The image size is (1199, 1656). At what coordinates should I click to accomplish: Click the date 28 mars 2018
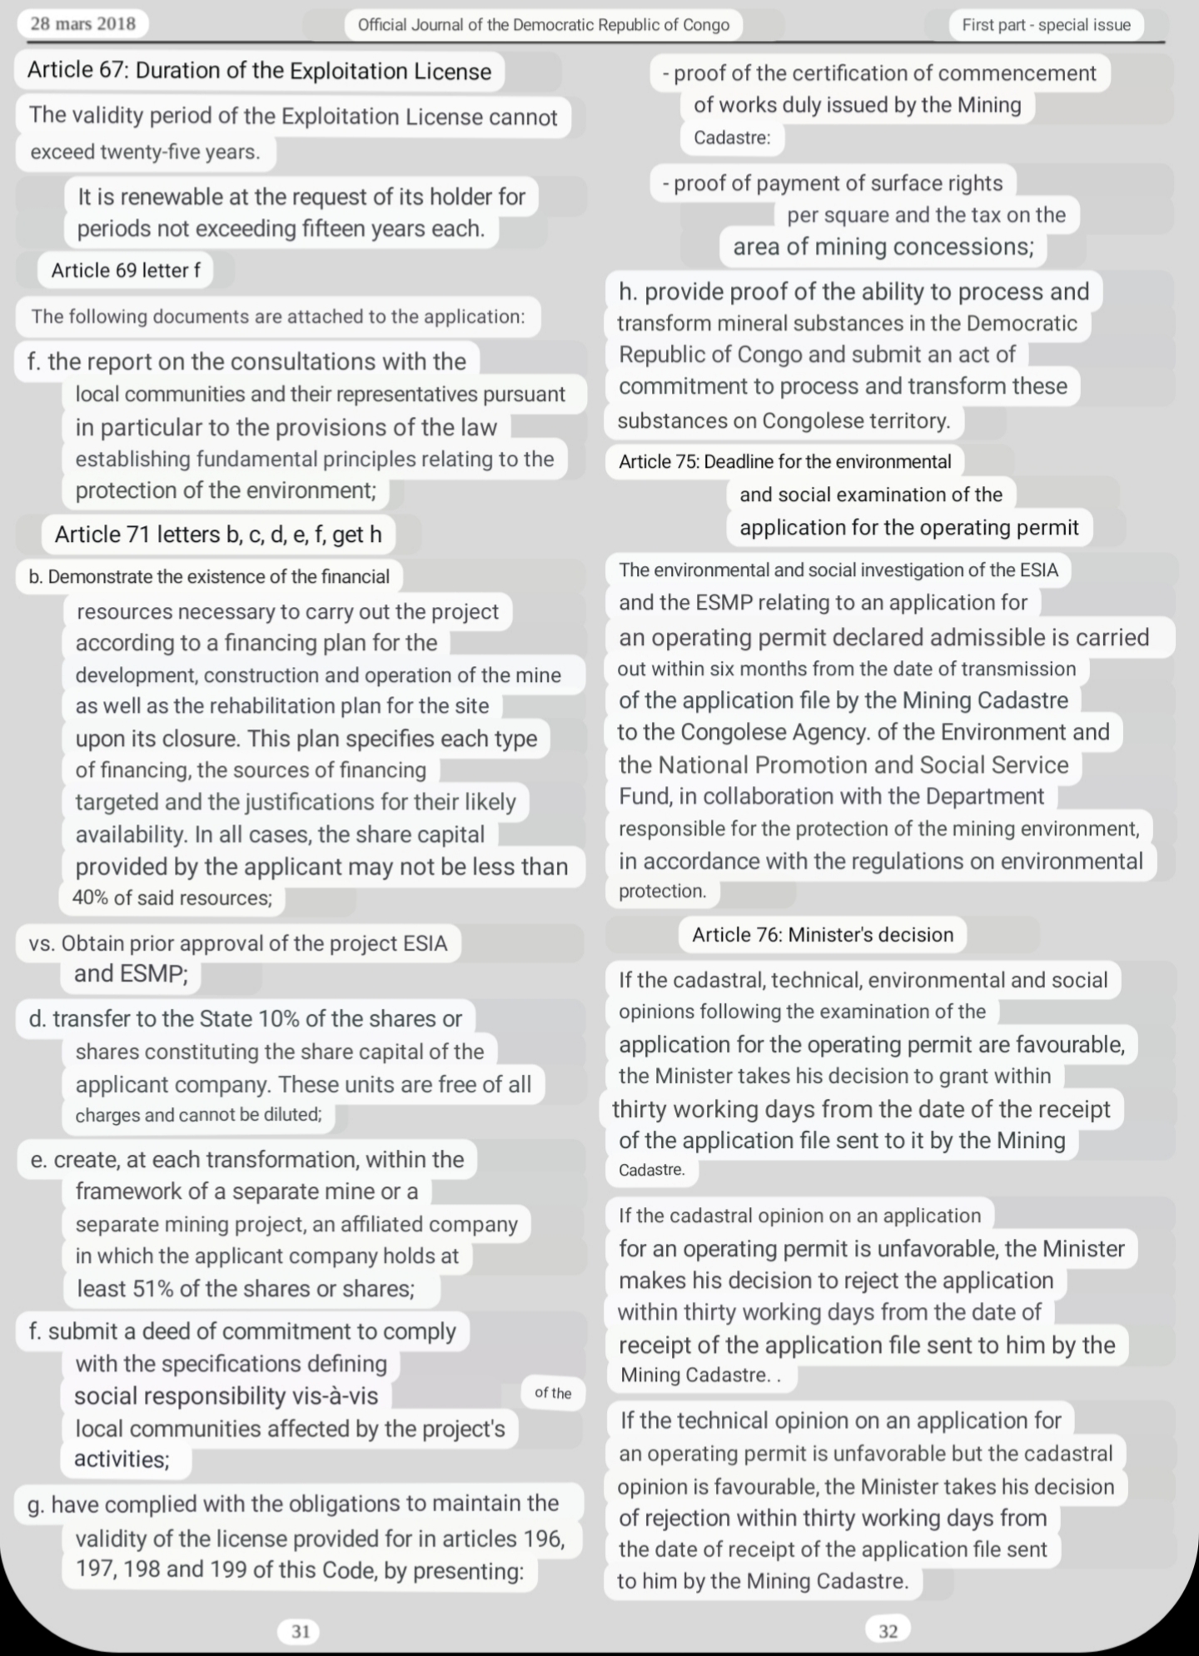tap(82, 23)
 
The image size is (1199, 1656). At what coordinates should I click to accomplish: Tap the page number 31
tap(301, 1631)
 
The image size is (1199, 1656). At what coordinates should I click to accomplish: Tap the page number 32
tap(888, 1630)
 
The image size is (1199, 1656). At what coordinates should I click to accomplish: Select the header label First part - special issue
tap(1046, 25)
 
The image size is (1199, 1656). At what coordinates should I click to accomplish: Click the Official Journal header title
tap(543, 25)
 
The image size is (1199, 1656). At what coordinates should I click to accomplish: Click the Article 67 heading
tap(259, 71)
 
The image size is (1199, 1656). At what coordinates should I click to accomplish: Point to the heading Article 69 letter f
tap(125, 270)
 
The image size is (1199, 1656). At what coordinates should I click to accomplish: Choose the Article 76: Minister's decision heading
tap(822, 934)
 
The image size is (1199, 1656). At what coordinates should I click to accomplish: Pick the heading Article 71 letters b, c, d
tap(218, 534)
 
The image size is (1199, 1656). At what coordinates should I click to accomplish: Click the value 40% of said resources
tap(172, 898)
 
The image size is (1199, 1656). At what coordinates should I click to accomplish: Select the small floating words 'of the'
tap(553, 1393)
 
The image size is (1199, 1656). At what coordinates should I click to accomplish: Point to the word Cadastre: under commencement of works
tap(732, 137)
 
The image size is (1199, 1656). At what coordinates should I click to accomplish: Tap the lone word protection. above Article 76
tap(662, 891)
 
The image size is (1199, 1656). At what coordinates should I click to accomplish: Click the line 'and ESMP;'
tap(131, 973)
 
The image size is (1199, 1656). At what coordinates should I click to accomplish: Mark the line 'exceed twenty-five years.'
tap(145, 152)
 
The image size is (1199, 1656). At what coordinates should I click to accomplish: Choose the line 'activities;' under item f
tap(122, 1459)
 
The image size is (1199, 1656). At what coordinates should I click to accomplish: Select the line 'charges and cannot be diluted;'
tap(198, 1115)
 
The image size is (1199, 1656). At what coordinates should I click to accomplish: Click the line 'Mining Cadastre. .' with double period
tap(700, 1375)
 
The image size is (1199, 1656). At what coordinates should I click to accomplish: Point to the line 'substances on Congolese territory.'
tap(784, 420)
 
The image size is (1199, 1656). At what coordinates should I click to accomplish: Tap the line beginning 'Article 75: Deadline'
tap(784, 461)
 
